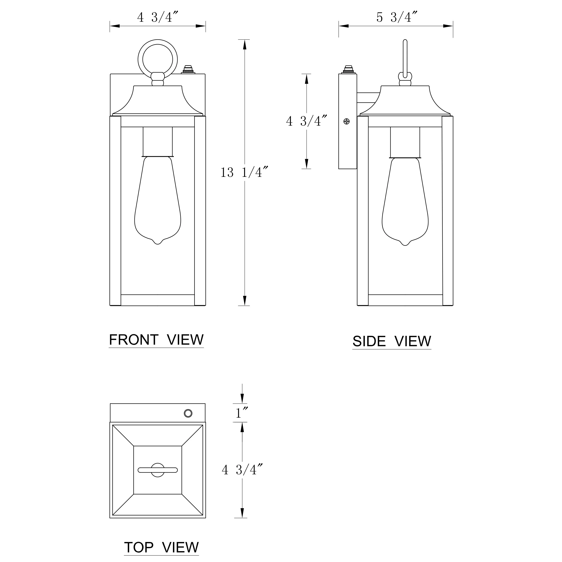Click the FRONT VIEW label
[x=156, y=340]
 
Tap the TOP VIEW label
[x=161, y=547]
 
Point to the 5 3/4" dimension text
[x=397, y=17]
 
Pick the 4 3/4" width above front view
[x=158, y=17]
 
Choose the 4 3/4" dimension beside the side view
[x=307, y=121]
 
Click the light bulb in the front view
[x=158, y=200]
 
